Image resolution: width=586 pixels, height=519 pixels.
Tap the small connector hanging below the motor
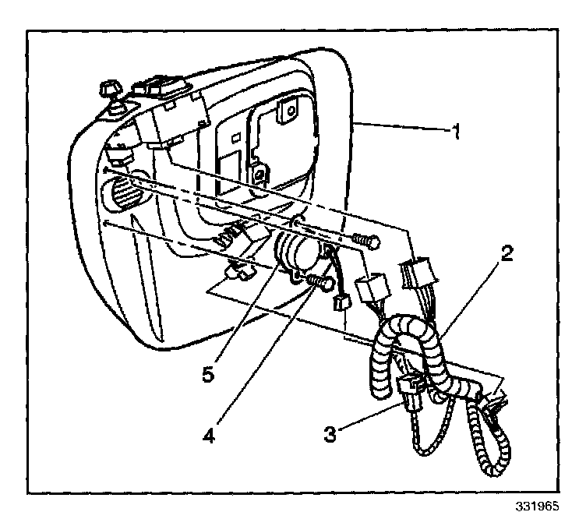pyautogui.click(x=340, y=302)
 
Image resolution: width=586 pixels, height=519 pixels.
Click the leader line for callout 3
pyautogui.click(x=366, y=417)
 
